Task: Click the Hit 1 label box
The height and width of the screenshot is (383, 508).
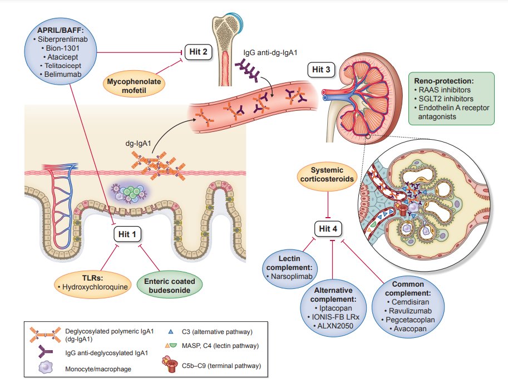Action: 127,234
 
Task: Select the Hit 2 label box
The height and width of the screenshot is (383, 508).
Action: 198,53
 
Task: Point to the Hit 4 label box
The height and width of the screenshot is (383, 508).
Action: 328,229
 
